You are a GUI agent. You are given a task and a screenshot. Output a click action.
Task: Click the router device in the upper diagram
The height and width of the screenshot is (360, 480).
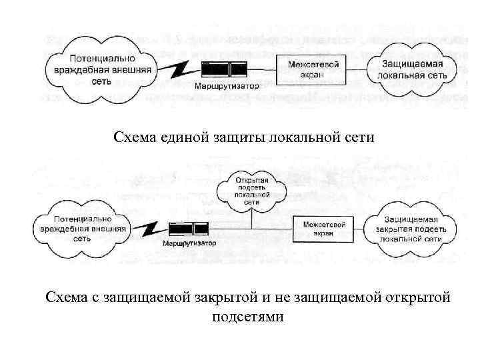pos(225,69)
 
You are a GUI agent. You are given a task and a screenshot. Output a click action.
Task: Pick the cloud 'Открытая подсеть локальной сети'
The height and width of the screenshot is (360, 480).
pos(251,191)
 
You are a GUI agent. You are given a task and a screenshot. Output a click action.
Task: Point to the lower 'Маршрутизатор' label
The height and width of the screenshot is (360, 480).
pos(189,244)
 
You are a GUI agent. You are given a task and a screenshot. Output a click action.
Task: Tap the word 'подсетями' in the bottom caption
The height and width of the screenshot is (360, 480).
pos(247,317)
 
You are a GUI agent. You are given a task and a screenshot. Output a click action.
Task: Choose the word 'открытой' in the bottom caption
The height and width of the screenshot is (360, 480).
pos(418,297)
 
